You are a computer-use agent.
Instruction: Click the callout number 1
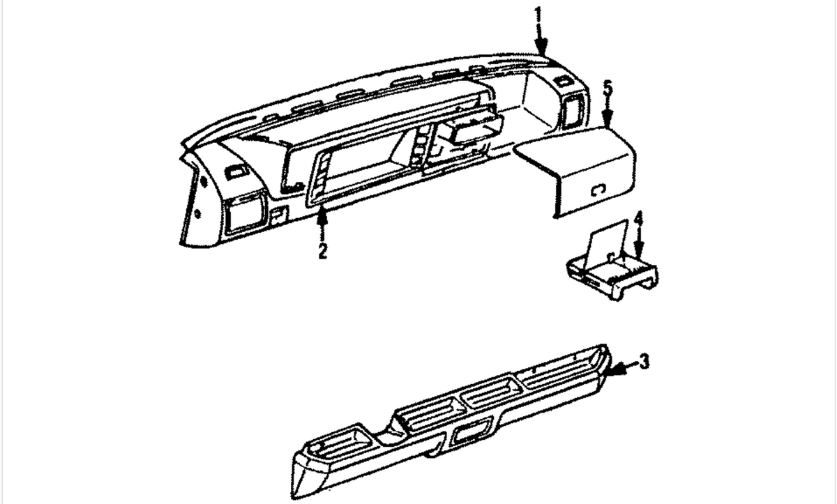pos(538,15)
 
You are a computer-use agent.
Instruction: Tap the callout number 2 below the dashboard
pos(322,250)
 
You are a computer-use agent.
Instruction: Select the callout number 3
pos(643,361)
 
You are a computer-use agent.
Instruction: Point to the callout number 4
pos(640,219)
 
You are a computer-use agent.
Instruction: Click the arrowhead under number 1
pos(541,48)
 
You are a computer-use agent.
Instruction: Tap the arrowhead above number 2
pos(322,217)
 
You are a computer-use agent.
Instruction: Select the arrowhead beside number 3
pos(614,369)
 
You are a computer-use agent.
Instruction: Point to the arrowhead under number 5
pos(608,119)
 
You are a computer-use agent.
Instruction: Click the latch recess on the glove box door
pos(598,190)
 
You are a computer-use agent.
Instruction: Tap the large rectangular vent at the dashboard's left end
pos(246,215)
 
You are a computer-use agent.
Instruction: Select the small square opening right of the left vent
pos(279,215)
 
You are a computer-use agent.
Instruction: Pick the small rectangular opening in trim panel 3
pos(469,434)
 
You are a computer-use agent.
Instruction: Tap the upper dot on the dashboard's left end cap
pos(204,183)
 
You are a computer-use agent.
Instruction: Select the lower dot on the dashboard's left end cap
pos(197,214)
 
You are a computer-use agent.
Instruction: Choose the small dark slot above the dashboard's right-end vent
pos(561,81)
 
